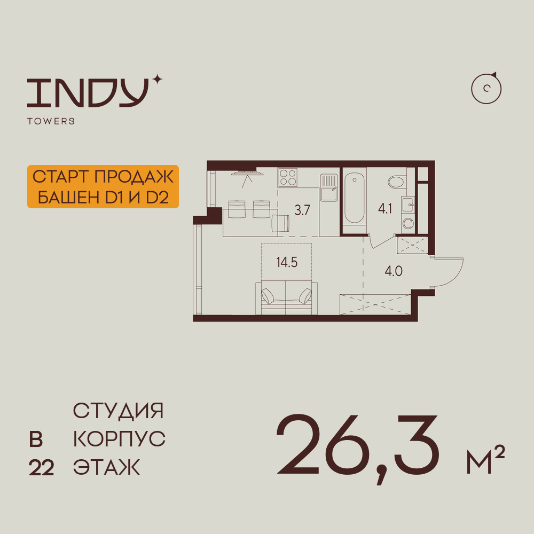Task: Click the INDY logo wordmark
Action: coord(88,92)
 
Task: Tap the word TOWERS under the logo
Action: coord(51,121)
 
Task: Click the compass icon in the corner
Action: coord(486,89)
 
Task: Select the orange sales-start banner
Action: coord(103,186)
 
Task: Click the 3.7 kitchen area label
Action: coord(302,210)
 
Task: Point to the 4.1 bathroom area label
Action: coord(385,208)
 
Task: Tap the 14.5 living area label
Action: coord(287,263)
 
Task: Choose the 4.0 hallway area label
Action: coord(394,271)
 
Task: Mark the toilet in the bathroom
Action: coord(397,181)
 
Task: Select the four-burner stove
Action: coord(288,177)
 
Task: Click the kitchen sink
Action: coord(329,187)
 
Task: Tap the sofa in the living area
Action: coord(286,297)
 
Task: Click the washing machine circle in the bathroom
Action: coord(408,223)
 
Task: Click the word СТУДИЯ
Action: coord(118,411)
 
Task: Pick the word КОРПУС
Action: coord(119,439)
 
